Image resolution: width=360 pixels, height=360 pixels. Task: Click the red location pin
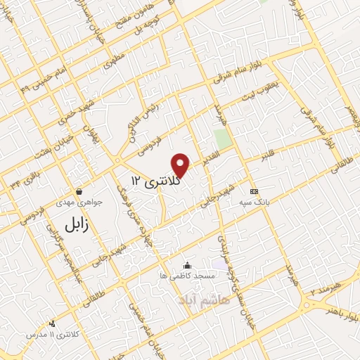click(x=181, y=165)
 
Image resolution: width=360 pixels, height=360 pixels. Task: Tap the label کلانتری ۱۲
click(x=155, y=182)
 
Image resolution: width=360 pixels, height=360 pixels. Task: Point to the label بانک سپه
click(x=255, y=202)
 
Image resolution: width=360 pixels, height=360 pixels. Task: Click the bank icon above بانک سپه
click(x=255, y=191)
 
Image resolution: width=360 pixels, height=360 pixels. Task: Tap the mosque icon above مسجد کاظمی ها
click(x=187, y=265)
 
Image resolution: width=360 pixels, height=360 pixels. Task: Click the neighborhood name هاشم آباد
click(x=205, y=300)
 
